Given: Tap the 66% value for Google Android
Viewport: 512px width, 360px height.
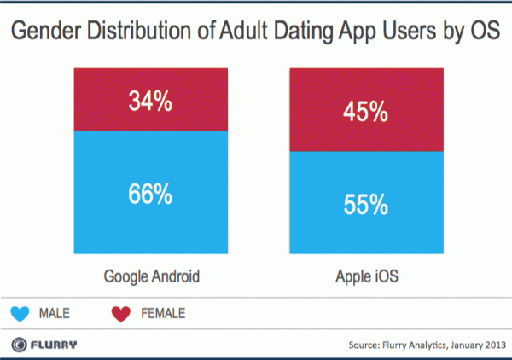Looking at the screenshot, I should point(152,195).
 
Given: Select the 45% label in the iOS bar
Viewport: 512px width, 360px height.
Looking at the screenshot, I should point(367,113).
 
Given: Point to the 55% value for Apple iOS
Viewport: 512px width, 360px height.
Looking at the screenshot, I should point(367,205).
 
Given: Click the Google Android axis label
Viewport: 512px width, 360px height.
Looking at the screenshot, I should point(152,278).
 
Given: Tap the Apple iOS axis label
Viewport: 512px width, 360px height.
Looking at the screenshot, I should point(367,278).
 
